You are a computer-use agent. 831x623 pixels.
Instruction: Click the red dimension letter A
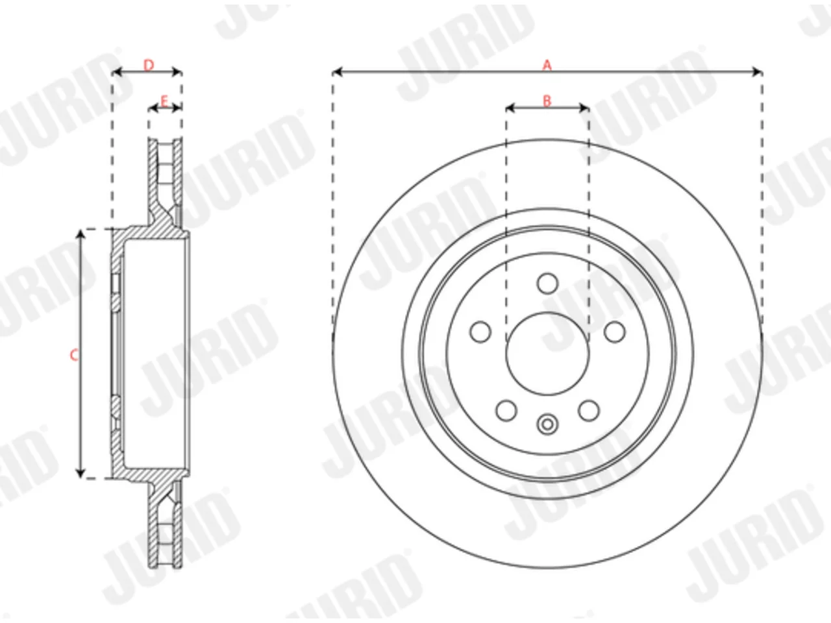pyautogui.click(x=547, y=65)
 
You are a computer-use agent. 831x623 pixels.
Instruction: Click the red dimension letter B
pyautogui.click(x=547, y=101)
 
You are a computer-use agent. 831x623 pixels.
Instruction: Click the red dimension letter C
pyautogui.click(x=74, y=355)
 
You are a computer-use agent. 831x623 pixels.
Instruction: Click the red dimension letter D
pyautogui.click(x=149, y=65)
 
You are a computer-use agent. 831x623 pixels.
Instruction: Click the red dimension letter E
pyautogui.click(x=164, y=101)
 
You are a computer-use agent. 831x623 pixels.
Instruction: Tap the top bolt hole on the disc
pyautogui.click(x=547, y=284)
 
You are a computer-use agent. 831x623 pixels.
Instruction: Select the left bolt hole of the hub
pyautogui.click(x=480, y=332)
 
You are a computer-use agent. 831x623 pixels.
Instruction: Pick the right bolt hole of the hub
pyautogui.click(x=614, y=332)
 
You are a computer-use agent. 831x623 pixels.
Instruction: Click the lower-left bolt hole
pyautogui.click(x=506, y=410)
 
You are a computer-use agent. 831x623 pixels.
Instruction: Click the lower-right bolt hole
pyautogui.click(x=589, y=410)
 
